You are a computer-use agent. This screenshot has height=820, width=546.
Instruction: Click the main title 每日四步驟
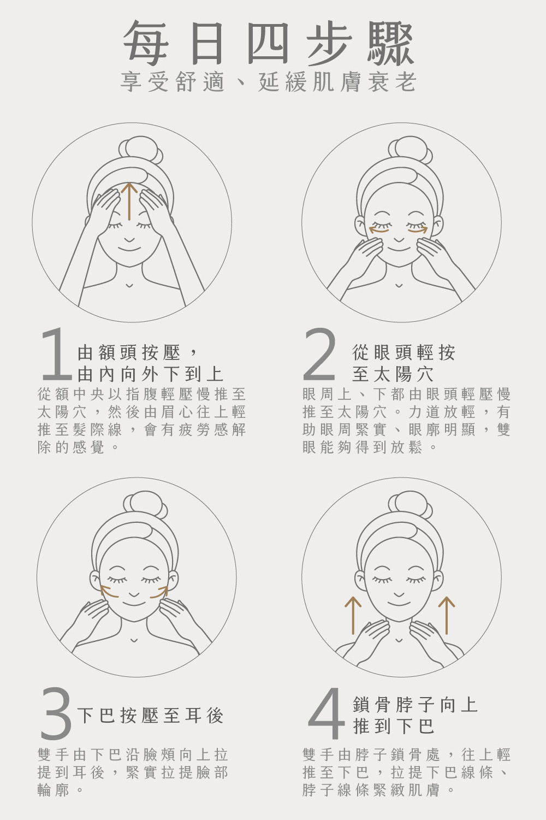pos(269,43)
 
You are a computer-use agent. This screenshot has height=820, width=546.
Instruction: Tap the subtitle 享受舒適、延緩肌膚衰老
pos(268,81)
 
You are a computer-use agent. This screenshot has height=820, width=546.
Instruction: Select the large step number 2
pos(319,353)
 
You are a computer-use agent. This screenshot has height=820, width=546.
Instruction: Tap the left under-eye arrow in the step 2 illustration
pos(378,229)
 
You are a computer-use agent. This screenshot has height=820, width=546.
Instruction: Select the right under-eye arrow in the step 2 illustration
pos(418,229)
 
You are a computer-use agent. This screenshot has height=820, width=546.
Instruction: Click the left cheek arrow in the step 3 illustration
pos(109,592)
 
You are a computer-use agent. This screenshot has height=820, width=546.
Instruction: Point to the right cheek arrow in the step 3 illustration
pos(159,592)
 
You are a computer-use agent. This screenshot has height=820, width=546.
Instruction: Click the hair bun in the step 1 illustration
pos(141,150)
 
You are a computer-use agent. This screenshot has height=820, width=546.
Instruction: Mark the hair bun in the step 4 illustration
pos(410,505)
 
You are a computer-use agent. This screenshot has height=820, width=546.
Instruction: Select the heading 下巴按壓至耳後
pos(150,715)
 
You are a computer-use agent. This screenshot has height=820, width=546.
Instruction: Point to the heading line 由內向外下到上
pos(150,374)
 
